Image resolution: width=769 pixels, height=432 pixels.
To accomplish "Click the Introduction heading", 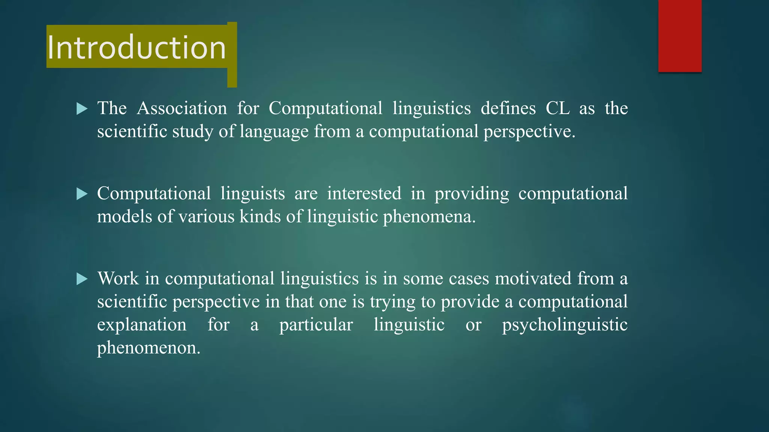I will [137, 48].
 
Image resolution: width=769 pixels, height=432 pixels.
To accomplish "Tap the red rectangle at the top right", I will [680, 36].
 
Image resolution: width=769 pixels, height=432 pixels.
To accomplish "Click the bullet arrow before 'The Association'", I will [82, 109].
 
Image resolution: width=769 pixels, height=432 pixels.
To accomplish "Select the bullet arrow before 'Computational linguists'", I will [82, 194].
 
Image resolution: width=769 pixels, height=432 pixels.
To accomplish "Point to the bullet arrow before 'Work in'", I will [82, 279].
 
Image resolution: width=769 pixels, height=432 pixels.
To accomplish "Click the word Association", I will [182, 108].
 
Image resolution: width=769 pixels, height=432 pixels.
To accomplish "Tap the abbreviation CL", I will [557, 108].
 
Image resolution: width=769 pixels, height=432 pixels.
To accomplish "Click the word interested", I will [364, 193].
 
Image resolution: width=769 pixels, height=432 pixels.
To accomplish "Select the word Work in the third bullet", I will [118, 279].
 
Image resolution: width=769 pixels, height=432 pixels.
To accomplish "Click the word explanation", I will [142, 325].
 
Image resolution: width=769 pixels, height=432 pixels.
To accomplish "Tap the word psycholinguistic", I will [565, 325].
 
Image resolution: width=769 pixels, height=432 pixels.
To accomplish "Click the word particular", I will [316, 325].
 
